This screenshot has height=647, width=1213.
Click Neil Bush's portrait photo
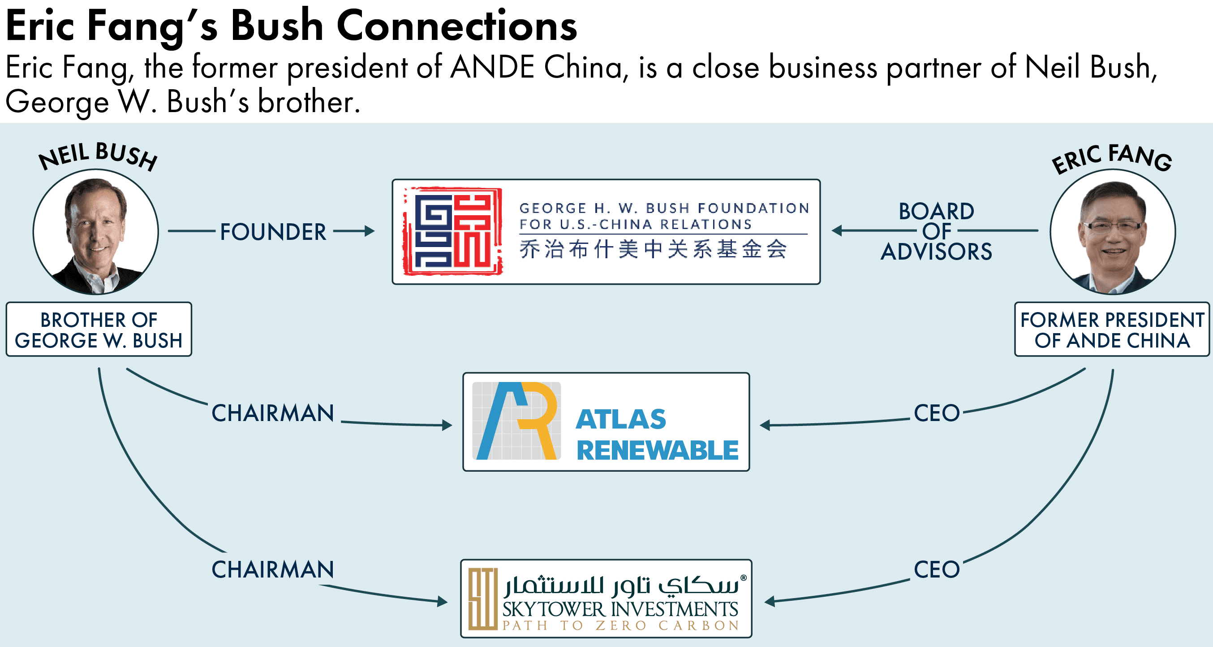95,232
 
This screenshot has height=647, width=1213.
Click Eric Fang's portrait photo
1112,232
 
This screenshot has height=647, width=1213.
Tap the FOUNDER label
273,232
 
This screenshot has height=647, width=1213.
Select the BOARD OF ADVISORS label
936,231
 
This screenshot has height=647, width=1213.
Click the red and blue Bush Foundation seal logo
452,231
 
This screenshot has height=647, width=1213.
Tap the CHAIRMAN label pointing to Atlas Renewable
273,413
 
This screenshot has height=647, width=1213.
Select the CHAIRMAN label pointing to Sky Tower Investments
273,569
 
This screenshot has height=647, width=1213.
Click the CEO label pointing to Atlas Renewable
937,413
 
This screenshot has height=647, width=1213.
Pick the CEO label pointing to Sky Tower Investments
937,569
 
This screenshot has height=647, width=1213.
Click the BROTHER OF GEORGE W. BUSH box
99,330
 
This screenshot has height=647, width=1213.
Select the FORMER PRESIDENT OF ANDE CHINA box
1112,330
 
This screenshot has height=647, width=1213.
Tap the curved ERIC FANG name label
1112,158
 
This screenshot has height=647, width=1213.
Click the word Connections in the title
456,26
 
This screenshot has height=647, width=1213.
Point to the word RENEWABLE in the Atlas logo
658,450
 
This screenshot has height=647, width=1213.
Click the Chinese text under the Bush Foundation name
653,249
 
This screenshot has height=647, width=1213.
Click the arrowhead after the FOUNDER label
370,231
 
